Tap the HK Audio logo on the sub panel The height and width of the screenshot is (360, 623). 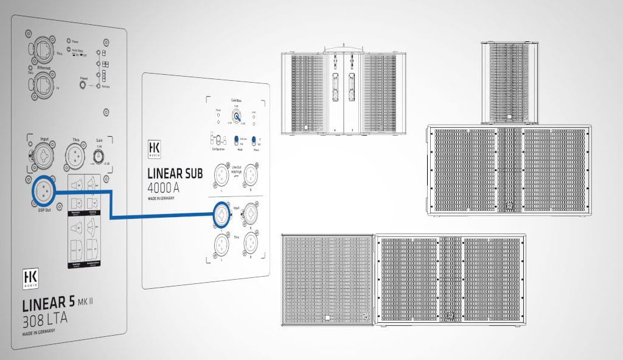pos(154,148)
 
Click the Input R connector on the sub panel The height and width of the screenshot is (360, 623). pos(250,214)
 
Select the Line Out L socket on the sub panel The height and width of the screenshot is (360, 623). pos(221,175)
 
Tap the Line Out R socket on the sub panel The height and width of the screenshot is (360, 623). pos(250,175)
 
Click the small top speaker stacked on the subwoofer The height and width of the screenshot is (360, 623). pos(505,83)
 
